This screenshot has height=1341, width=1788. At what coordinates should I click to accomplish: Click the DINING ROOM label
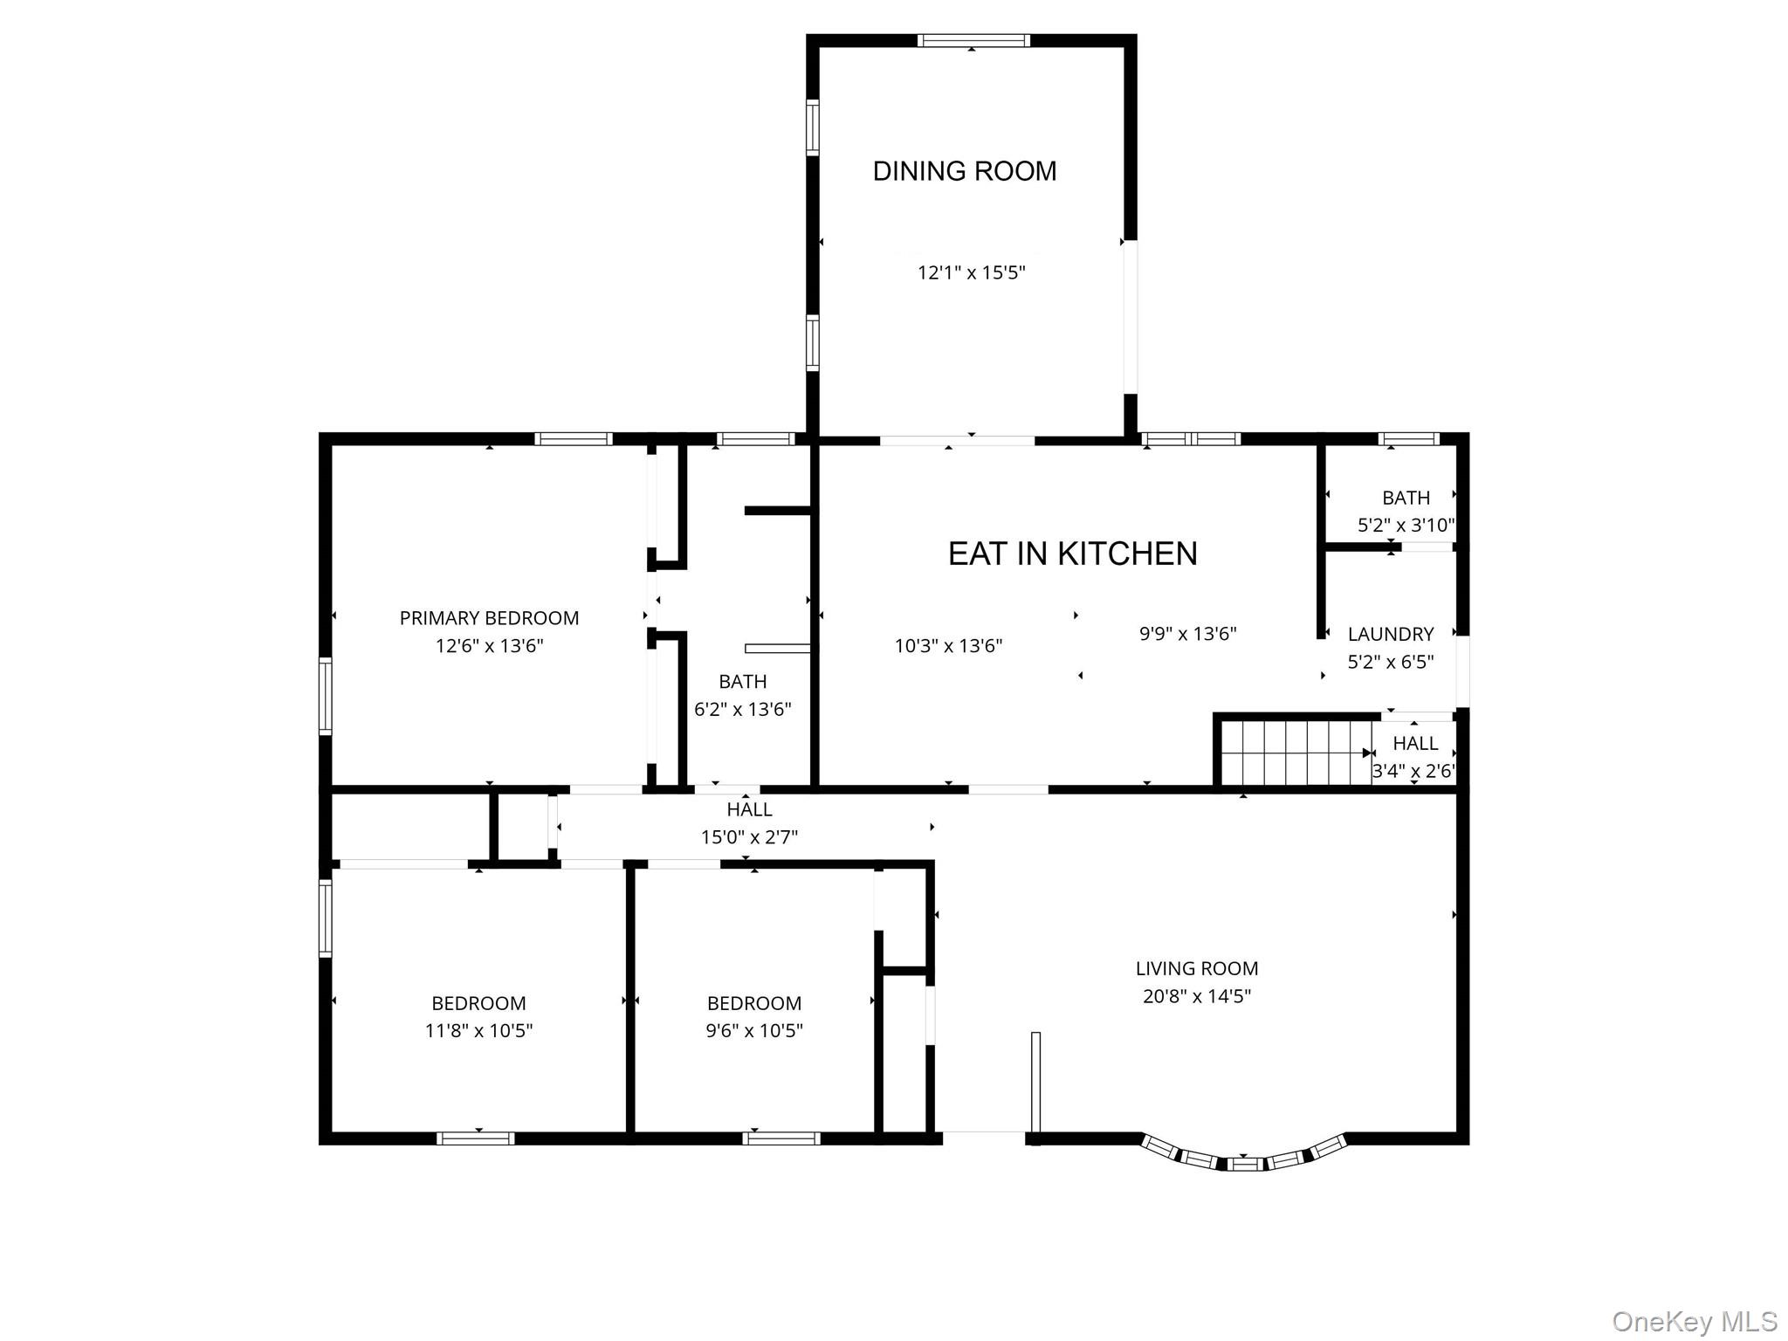click(964, 171)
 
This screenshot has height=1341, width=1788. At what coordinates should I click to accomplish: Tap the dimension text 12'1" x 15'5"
click(971, 272)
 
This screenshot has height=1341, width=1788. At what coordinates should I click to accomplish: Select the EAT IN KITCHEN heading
click(1072, 554)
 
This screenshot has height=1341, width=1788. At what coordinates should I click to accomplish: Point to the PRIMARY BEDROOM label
click(489, 618)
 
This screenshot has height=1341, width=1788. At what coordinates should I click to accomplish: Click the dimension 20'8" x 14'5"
click(1196, 996)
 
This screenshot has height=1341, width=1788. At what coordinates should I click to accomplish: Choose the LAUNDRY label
click(1390, 634)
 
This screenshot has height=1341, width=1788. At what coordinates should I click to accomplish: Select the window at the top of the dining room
click(973, 40)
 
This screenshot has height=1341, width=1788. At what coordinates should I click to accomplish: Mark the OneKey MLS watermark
click(1694, 1321)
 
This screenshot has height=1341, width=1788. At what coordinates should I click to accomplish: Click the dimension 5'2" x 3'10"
click(1406, 526)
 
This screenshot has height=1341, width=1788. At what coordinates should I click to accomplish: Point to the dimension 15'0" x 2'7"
click(749, 837)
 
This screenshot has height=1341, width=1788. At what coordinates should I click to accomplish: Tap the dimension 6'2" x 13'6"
click(742, 709)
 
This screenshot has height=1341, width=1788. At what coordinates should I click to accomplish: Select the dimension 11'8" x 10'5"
click(478, 1030)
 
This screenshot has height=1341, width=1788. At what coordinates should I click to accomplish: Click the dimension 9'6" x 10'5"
click(754, 1030)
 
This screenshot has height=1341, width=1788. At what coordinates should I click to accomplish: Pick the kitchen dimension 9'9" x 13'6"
click(1187, 634)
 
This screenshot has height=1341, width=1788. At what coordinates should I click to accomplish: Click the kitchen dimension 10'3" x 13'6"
click(948, 646)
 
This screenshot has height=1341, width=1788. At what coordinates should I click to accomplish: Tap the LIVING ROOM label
click(1196, 968)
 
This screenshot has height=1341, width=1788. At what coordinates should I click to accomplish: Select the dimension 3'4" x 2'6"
click(1413, 771)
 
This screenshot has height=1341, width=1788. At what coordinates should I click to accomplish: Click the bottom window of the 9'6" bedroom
click(781, 1138)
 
